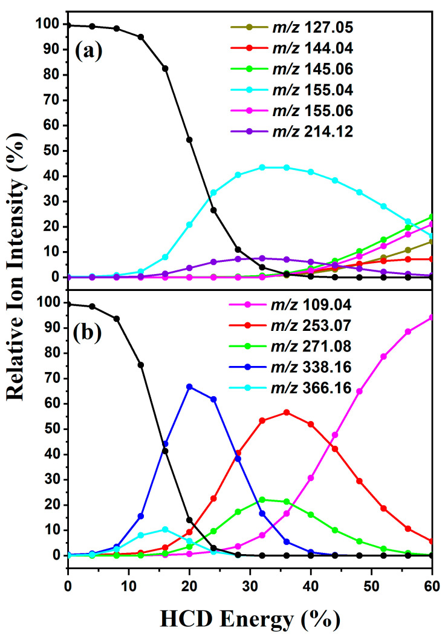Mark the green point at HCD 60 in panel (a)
point(432,217)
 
